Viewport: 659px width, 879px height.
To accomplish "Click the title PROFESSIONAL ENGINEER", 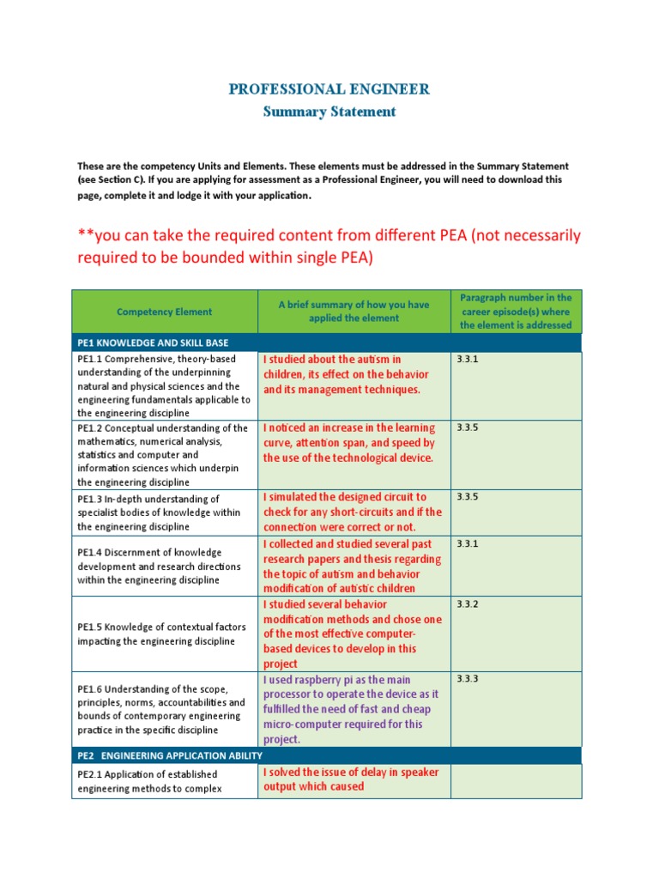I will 329,89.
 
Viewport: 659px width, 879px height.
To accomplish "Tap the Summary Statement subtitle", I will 329,112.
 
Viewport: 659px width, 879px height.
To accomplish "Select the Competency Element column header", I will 164,312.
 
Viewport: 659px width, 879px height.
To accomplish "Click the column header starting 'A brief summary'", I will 354,311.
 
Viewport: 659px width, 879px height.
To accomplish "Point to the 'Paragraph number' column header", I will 516,311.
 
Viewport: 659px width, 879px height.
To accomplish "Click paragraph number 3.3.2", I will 467,604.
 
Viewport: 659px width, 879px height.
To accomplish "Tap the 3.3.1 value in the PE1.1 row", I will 467,360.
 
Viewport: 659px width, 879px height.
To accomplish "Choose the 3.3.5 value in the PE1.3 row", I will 467,497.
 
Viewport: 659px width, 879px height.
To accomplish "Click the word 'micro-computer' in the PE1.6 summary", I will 301,724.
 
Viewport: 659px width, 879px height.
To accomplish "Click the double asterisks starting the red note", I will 84,236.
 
